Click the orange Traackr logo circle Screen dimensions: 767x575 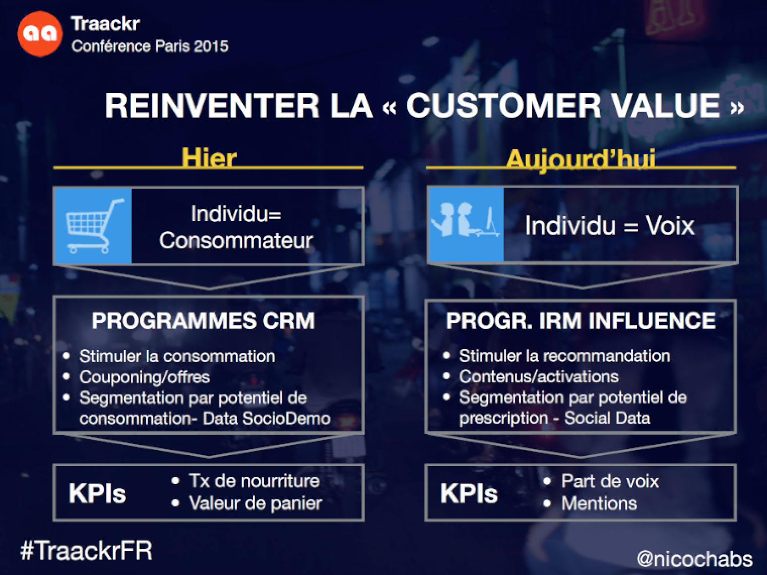point(40,34)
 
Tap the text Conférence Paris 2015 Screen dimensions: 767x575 point(150,46)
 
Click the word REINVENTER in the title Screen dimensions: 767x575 point(212,105)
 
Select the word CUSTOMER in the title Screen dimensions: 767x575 point(503,105)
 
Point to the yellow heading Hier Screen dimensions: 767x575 point(209,158)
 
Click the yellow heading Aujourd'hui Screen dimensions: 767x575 point(581,159)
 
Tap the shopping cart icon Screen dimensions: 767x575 point(94,226)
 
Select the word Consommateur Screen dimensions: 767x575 point(236,241)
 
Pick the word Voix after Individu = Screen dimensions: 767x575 point(670,225)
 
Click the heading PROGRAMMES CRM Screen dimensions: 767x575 point(203,320)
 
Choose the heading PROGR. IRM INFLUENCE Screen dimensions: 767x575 point(581,320)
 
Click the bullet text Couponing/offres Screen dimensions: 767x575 point(144,377)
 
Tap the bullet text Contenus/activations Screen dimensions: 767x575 point(539,377)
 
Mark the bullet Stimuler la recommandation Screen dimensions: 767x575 point(564,356)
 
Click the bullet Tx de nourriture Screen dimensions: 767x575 point(254,481)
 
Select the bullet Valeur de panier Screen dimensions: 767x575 point(255,503)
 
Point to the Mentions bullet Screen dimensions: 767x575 point(599,504)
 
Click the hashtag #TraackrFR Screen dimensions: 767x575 point(87,550)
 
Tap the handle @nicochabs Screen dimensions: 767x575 point(694,558)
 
